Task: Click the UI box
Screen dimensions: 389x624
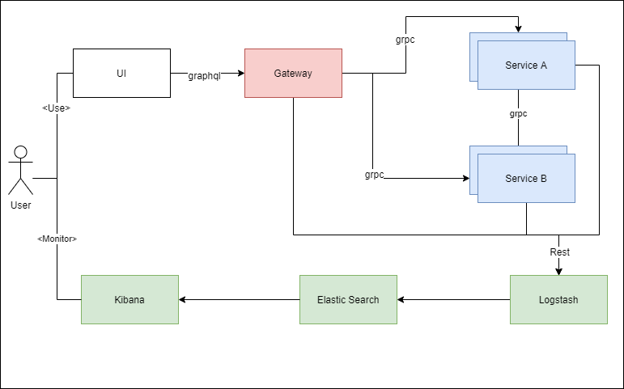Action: (x=121, y=73)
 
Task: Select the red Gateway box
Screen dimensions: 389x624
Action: (x=293, y=73)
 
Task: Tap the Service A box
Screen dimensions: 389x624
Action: (x=526, y=65)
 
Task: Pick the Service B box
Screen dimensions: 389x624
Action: (x=526, y=178)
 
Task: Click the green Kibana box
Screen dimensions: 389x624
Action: (x=129, y=299)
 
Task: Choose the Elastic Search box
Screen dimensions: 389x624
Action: (x=348, y=299)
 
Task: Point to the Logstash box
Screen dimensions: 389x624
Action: (x=558, y=299)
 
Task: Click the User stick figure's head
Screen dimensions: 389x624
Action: (x=21, y=152)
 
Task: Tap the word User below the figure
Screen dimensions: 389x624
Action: (x=21, y=205)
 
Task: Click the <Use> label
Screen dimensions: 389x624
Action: (x=56, y=108)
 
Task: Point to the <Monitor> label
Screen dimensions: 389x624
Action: (x=56, y=239)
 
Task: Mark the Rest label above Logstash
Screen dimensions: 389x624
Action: (x=559, y=252)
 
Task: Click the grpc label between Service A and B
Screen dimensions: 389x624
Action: (x=518, y=114)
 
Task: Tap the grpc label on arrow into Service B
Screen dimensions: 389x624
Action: (x=373, y=175)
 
